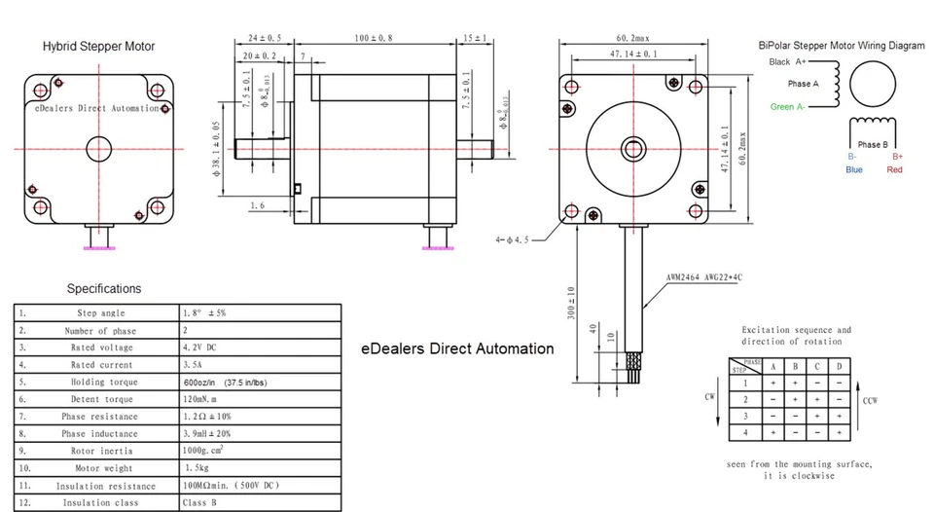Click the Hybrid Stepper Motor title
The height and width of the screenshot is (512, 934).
tap(98, 47)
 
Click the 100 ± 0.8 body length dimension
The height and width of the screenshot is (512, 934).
tap(374, 38)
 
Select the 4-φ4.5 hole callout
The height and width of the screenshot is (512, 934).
tap(512, 237)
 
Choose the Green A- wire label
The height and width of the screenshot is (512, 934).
tap(787, 107)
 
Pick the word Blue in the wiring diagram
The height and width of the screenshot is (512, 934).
tap(854, 169)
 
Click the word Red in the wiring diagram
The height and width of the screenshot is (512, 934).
tap(895, 169)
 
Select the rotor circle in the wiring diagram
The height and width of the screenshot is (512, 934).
tap(871, 84)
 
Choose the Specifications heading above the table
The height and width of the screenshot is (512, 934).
tap(103, 289)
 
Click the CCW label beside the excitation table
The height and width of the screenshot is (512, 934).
tap(870, 399)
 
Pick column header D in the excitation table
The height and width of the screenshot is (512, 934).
tap(838, 366)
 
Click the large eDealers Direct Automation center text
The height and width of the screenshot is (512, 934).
tap(457, 348)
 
